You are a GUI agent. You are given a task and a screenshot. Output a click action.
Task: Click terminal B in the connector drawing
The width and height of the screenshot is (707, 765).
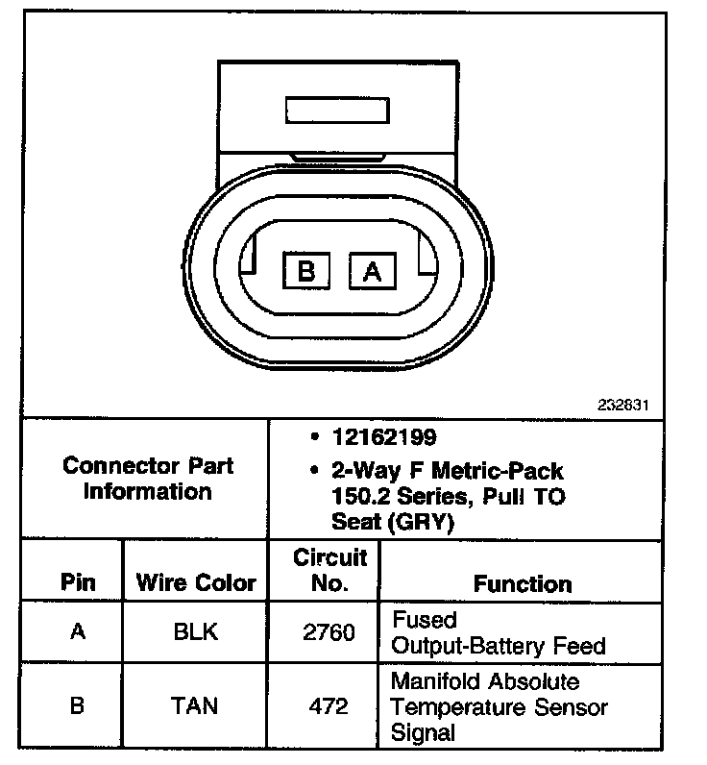click(306, 271)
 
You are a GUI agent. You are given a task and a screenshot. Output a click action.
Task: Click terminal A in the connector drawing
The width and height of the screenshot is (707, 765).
click(373, 271)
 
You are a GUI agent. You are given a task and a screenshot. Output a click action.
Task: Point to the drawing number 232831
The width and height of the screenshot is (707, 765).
click(622, 405)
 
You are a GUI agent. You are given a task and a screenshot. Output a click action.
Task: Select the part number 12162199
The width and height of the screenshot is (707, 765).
click(384, 438)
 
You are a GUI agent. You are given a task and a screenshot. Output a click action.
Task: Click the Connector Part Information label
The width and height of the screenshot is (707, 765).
click(147, 479)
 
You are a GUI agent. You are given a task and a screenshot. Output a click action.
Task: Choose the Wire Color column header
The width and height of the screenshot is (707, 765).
click(196, 582)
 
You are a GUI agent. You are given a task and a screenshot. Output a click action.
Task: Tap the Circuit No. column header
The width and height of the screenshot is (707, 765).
click(329, 570)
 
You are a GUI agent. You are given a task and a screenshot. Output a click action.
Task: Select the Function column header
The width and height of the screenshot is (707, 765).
click(523, 583)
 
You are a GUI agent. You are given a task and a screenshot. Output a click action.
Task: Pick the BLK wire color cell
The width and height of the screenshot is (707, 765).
click(195, 631)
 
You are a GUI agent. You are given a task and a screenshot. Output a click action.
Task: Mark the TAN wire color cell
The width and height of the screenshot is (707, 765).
click(195, 706)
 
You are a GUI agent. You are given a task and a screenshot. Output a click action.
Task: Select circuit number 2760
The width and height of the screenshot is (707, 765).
click(329, 632)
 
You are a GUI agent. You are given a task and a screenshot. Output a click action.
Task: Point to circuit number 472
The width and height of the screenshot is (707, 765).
click(329, 706)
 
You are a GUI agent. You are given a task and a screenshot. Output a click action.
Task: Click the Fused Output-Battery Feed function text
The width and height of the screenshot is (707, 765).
click(498, 632)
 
